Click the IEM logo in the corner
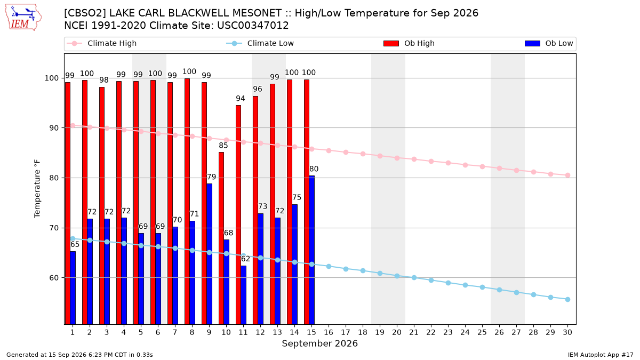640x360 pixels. coord(23,18)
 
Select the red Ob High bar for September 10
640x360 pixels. coord(221,238)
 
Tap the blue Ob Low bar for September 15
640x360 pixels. coord(311,250)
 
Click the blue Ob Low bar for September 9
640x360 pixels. coord(210,254)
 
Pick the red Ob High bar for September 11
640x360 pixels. coord(238,214)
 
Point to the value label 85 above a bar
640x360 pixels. coord(223,146)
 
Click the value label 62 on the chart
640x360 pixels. coord(245,259)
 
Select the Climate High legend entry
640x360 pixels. coord(101,43)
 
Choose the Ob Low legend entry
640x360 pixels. coord(549,43)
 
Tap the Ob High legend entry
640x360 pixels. coord(409,43)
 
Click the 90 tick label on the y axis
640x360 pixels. coord(54,128)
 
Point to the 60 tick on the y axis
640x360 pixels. coord(54,278)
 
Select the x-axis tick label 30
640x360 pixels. coord(567,332)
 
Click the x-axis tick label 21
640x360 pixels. coord(414,332)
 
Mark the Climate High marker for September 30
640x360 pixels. coord(567,175)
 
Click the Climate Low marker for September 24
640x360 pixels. coord(465,285)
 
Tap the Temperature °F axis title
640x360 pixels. coord(37,189)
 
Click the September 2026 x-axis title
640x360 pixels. coord(319,343)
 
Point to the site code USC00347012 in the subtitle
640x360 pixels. coord(253,26)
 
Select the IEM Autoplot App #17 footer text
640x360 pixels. coord(601,355)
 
